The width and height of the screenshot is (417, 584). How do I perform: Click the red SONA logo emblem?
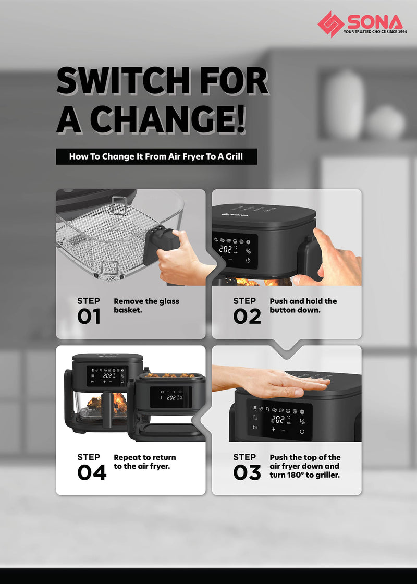(330, 24)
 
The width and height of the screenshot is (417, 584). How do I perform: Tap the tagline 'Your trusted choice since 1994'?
(375, 32)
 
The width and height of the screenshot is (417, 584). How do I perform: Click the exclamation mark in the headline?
(241, 119)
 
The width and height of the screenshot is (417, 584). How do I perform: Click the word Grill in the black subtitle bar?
(234, 156)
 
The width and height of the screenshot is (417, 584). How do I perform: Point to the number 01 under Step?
(89, 317)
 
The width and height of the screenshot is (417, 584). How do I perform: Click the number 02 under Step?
(247, 317)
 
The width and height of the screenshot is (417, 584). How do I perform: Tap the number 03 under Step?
(247, 472)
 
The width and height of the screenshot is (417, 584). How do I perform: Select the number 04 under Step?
(92, 472)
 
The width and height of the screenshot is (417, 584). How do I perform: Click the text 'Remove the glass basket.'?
(146, 306)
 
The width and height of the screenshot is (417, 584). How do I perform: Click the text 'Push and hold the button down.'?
(303, 306)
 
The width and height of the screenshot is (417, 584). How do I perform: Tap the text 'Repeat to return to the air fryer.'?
(145, 462)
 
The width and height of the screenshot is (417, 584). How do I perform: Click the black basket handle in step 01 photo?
(161, 240)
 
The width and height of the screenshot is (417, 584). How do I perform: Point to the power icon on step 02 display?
(248, 260)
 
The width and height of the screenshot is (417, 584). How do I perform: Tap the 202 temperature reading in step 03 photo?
(278, 419)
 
